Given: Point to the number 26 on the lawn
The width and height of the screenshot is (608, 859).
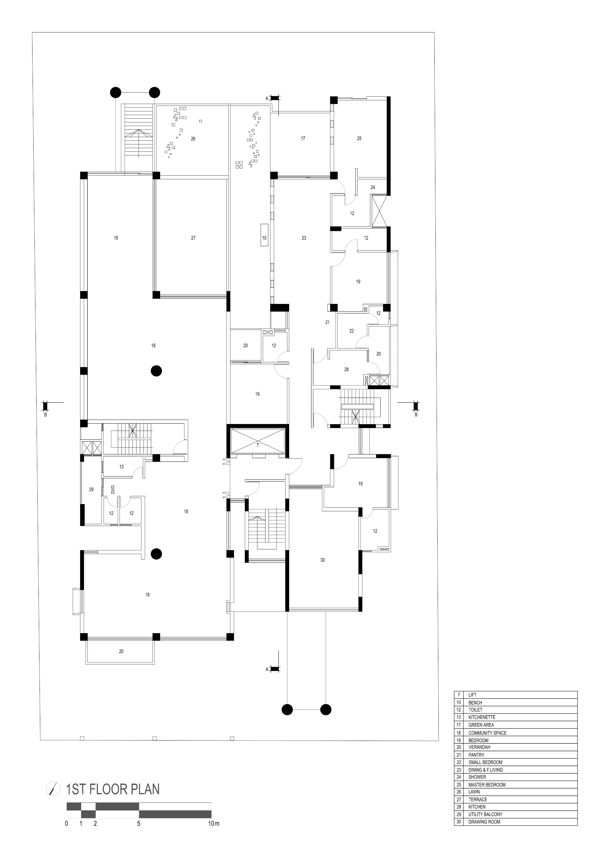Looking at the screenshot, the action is coord(193,139).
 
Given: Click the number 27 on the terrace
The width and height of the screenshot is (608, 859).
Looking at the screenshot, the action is coord(193,238).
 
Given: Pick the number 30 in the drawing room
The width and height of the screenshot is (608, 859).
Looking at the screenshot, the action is coord(323,560).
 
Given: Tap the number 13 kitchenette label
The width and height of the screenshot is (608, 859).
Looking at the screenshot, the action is coord(121,467).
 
